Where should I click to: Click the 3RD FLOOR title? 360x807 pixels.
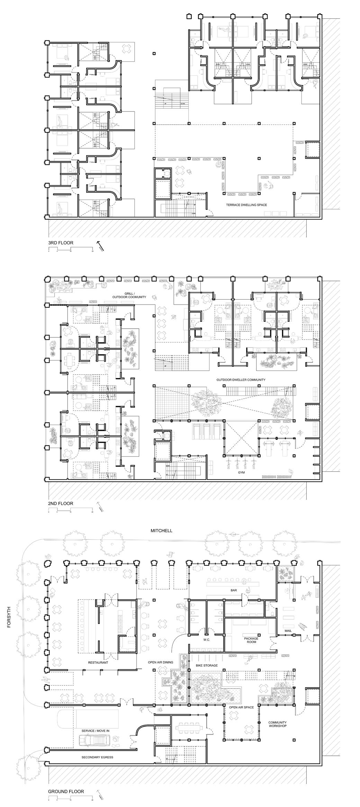61,243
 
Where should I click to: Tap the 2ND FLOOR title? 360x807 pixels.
61,503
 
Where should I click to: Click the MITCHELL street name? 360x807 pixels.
161,531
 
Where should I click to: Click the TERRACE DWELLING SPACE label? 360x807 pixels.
246,205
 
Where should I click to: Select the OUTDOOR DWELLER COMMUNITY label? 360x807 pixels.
241,380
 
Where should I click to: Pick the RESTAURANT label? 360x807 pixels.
98,663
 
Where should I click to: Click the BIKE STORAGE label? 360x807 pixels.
207,665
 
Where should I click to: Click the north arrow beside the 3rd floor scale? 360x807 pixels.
101,246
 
